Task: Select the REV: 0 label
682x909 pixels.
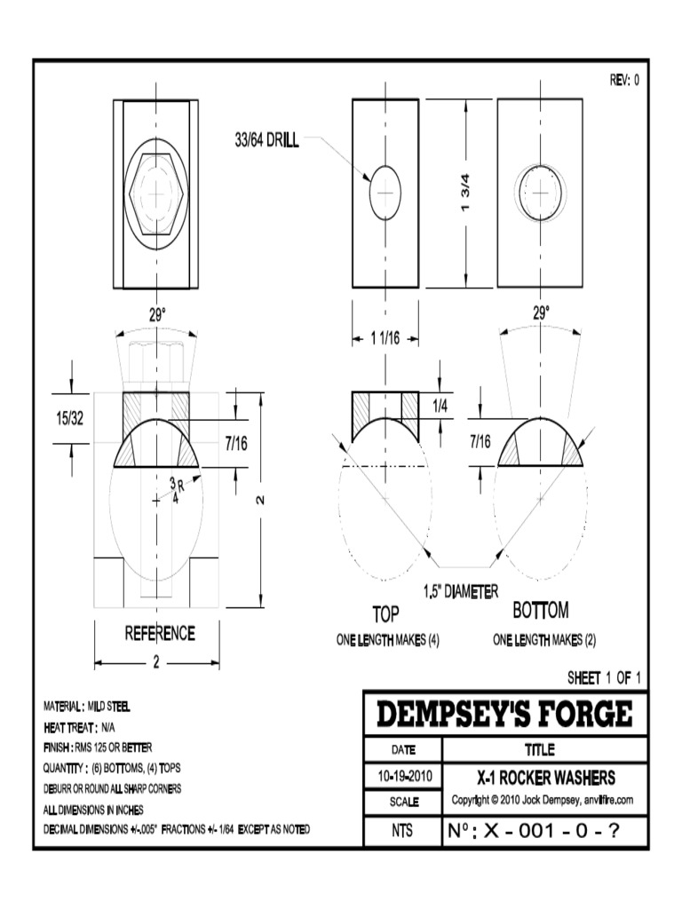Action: coord(623,80)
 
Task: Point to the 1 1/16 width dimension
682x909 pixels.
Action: coord(385,336)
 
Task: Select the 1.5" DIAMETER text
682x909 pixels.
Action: coord(461,590)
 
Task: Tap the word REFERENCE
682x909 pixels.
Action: coord(159,634)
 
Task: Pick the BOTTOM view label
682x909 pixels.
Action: coord(541,612)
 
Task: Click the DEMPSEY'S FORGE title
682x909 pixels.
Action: coord(505,714)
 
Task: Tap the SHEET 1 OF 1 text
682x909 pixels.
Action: coord(604,678)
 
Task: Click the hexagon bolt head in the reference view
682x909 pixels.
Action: coord(158,193)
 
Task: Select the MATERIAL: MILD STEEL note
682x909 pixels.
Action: coord(87,707)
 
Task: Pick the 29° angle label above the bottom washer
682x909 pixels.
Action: coord(542,312)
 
